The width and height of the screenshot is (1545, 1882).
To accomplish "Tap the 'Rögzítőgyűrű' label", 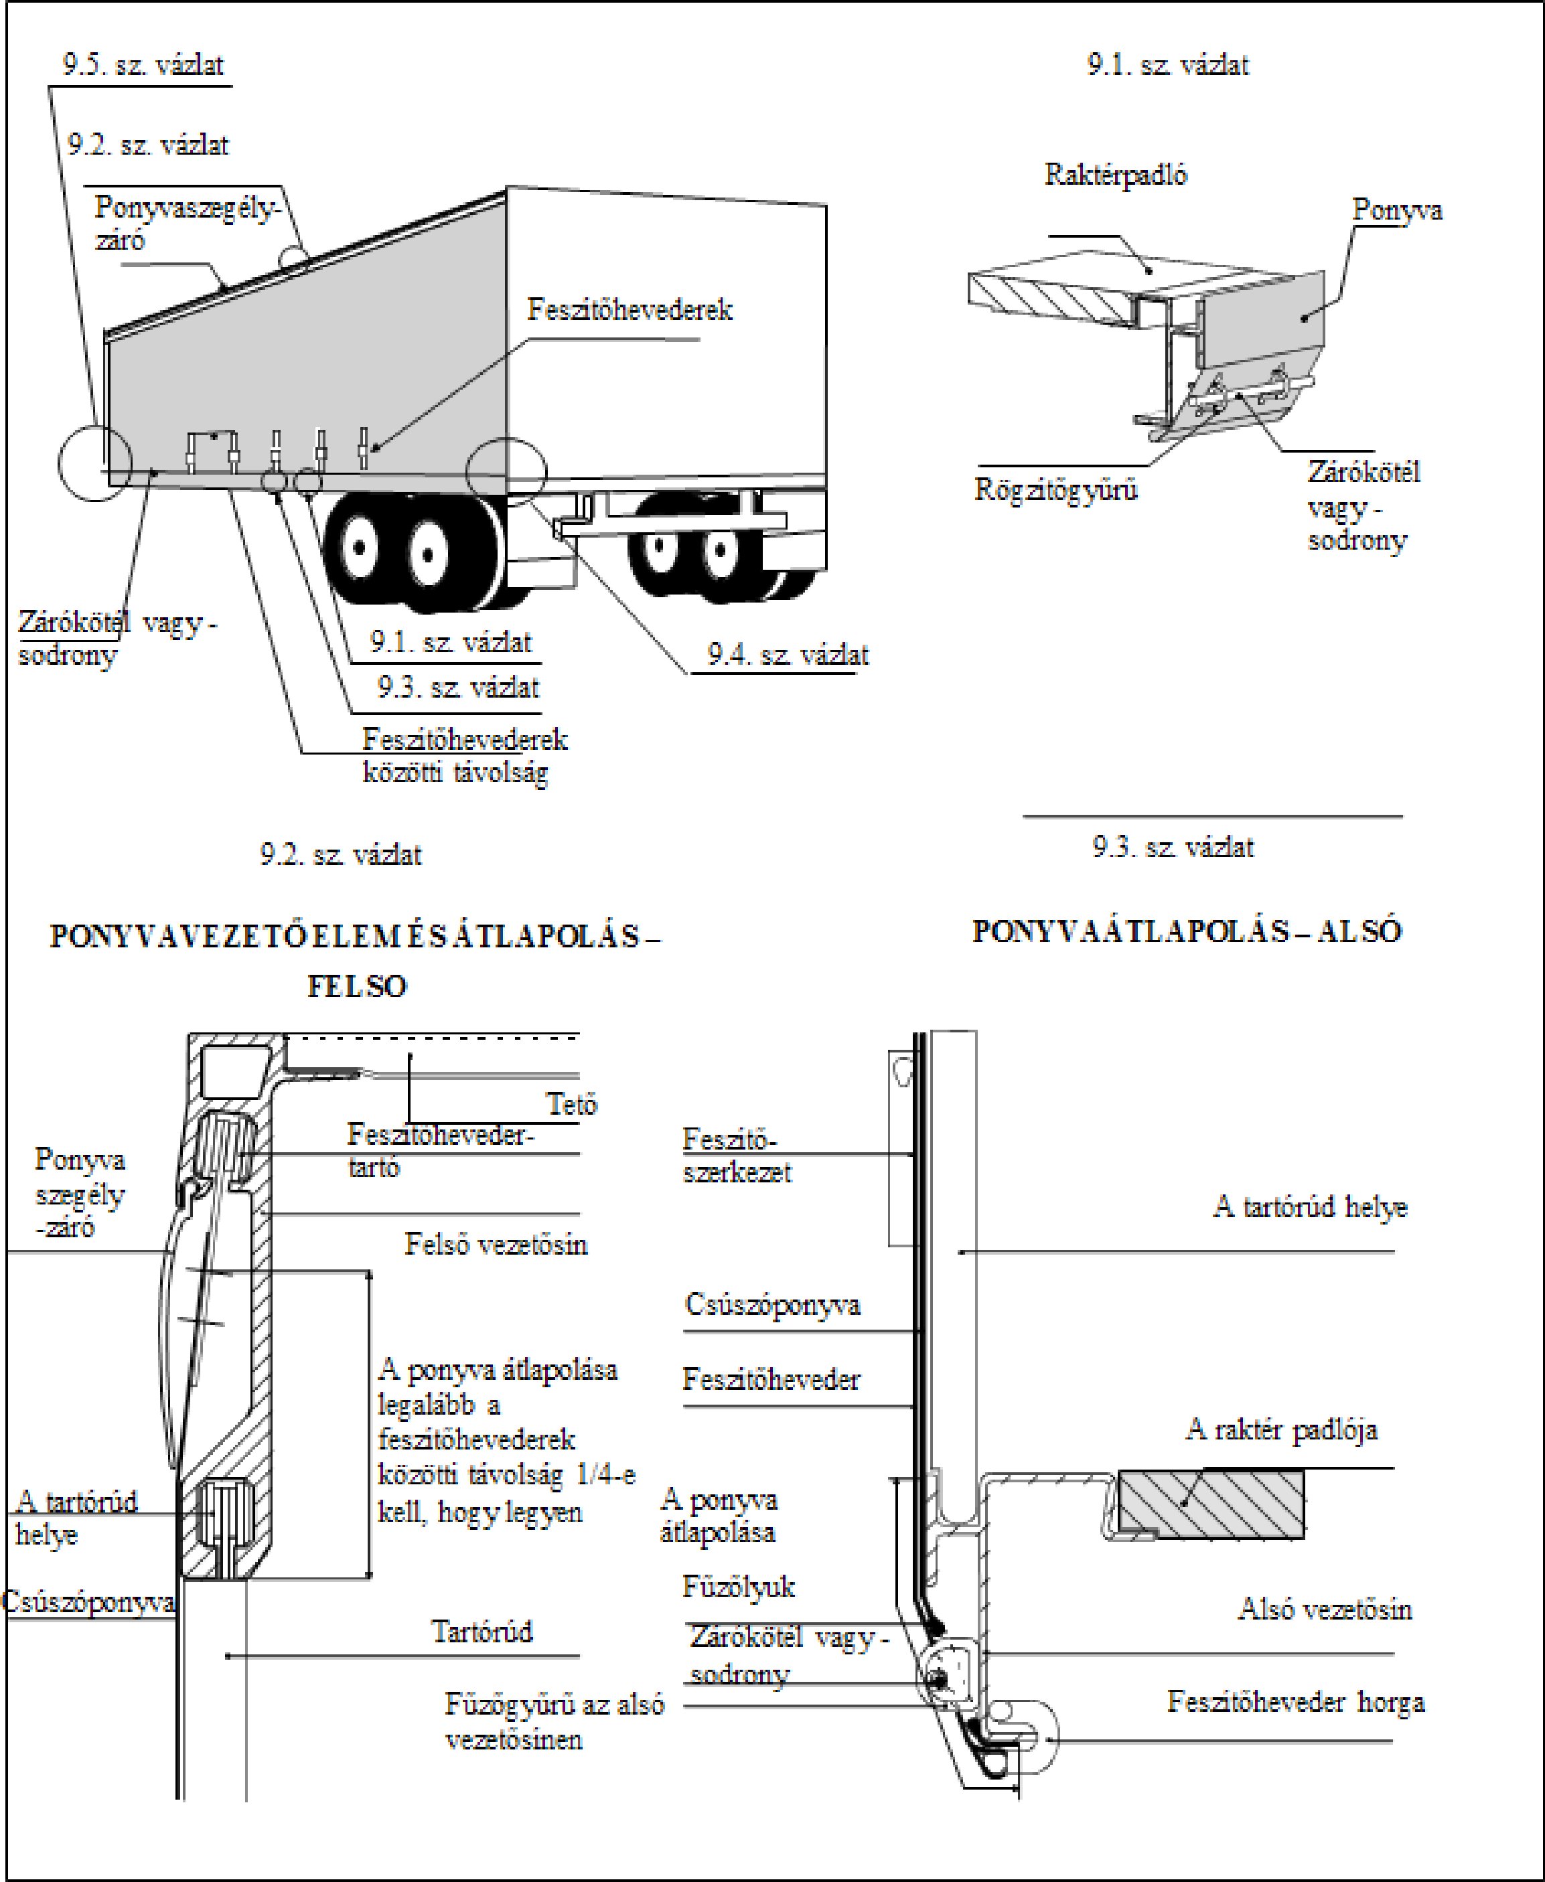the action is [1055, 489].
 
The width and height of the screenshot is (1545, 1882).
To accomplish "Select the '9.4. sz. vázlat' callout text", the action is [788, 655].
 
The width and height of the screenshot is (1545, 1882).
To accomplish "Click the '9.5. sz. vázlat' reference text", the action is [143, 65].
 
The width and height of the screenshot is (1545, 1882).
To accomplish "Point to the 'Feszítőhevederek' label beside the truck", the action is [630, 310].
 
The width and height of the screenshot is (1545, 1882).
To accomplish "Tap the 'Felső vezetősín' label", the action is [496, 1244].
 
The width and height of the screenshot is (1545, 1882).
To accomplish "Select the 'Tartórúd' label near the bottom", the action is [482, 1631].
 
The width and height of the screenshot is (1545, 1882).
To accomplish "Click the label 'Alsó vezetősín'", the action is [1324, 1609].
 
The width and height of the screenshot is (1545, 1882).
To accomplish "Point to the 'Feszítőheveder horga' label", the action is [1296, 1703].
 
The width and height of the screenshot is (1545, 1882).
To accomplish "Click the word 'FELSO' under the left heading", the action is [357, 986].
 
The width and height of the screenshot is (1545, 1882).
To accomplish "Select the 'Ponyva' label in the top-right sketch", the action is [1396, 211].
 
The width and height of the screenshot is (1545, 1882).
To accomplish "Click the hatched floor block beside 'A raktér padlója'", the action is [1210, 1504].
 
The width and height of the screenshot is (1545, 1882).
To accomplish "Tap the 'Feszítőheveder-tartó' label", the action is [439, 1150].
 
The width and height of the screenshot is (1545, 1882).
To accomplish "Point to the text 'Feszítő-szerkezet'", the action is [736, 1156].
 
